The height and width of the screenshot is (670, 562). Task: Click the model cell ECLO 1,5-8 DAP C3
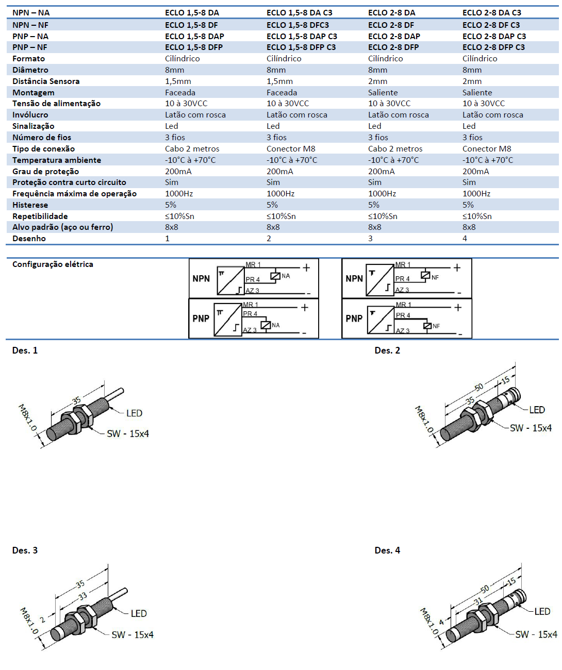pos(302,36)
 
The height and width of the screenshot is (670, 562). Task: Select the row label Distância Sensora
pos(46,81)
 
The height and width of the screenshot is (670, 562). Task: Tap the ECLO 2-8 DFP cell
pos(393,47)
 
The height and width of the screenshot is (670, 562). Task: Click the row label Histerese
pos(30,205)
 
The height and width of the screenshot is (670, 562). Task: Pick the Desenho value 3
pos(370,238)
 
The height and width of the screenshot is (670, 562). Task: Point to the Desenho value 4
pos(465,238)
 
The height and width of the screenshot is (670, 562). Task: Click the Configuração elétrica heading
pos(53,264)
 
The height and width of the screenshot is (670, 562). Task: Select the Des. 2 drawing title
pos(387,350)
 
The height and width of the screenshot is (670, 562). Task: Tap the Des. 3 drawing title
pos(25,550)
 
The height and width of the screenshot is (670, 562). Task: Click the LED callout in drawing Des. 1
pos(134,413)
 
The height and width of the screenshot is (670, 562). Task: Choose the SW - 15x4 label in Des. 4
pos(536,634)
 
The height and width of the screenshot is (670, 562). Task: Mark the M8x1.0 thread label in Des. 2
pos(424,420)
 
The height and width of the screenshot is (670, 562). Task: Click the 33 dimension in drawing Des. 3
pos(82,596)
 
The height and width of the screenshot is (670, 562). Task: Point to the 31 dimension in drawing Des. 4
pos(478,601)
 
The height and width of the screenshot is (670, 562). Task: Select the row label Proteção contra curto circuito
pos(69,182)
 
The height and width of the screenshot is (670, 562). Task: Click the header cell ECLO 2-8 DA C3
pos(492,12)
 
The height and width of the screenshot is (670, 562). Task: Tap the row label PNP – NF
pos(30,47)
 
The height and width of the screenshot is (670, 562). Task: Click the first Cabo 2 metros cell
pos(192,148)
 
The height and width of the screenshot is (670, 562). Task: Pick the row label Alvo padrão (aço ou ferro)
pos(62,227)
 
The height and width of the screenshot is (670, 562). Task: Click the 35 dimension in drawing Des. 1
pos(76,400)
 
